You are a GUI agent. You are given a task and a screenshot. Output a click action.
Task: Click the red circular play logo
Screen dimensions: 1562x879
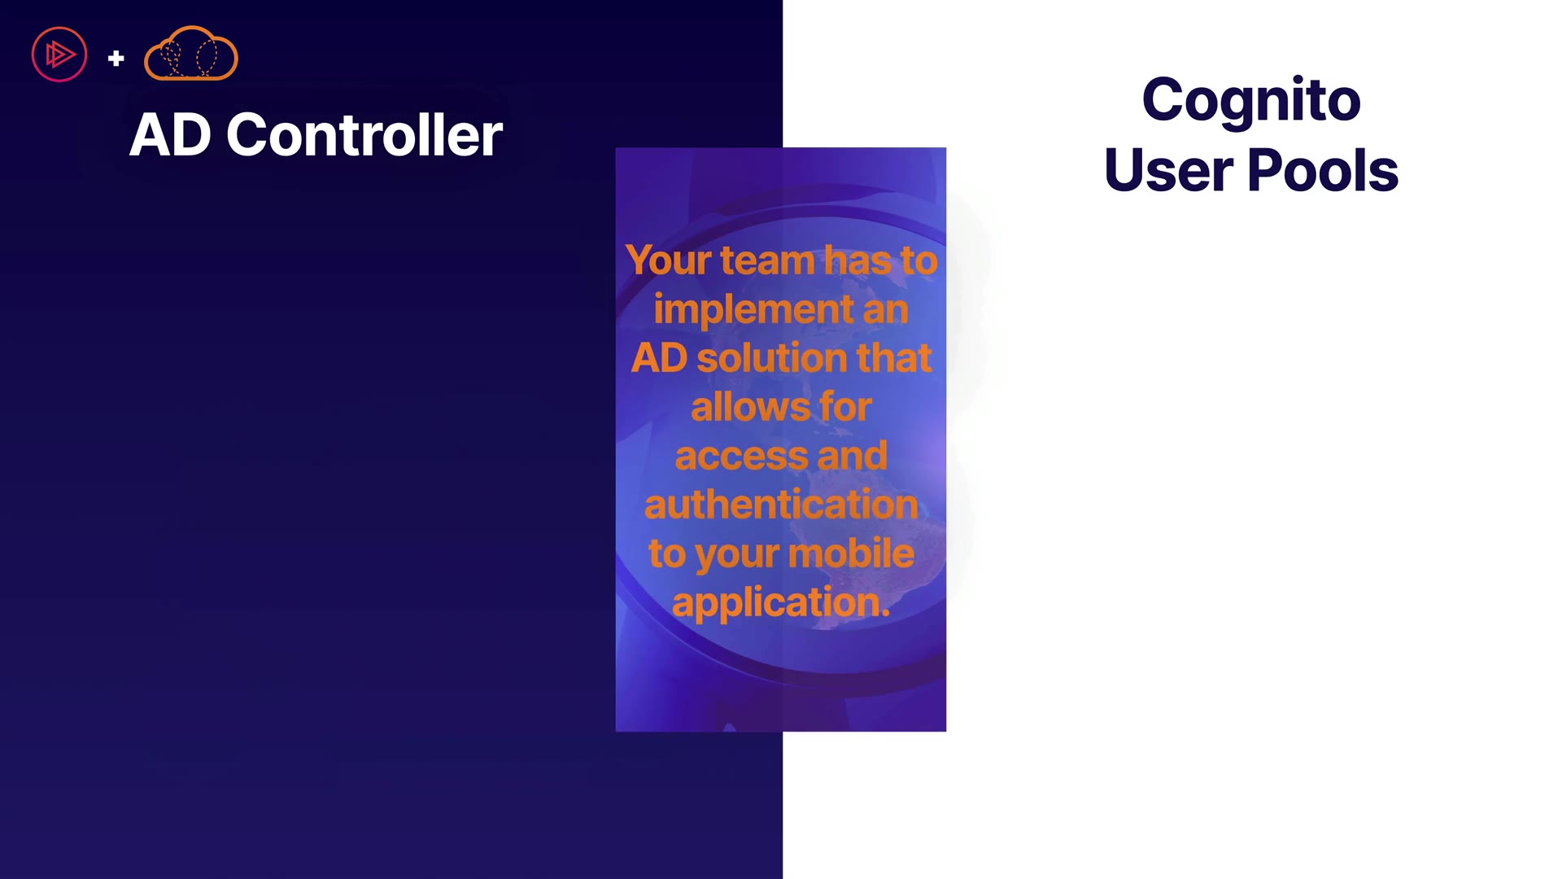tap(59, 55)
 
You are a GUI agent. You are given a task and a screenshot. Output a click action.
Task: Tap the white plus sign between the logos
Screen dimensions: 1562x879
tap(116, 58)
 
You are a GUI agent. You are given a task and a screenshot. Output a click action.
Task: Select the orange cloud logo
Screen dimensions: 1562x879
tap(191, 54)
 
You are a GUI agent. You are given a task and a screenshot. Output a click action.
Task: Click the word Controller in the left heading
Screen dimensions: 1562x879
tap(364, 134)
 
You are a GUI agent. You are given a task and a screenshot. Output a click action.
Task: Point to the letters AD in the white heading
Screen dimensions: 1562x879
tap(171, 135)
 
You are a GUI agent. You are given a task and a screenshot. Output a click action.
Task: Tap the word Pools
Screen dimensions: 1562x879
tap(1323, 171)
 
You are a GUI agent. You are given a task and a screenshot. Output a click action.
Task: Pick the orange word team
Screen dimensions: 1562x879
tap(767, 260)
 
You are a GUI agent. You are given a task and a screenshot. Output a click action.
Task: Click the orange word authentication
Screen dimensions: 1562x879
tap(781, 505)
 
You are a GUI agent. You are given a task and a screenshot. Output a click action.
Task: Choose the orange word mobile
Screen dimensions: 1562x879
tap(851, 553)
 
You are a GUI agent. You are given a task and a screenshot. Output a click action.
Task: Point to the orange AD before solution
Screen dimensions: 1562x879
tap(660, 359)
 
